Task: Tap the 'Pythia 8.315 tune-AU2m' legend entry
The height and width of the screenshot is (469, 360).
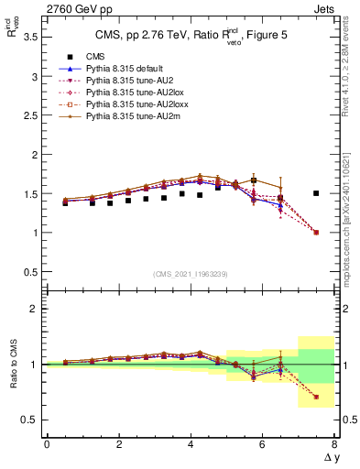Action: pyautogui.click(x=117, y=118)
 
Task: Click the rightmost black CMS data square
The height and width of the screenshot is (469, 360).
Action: pyautogui.click(x=316, y=193)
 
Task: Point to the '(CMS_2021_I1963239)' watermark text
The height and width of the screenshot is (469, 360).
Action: pyautogui.click(x=191, y=274)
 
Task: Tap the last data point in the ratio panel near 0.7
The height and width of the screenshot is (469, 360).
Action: pyautogui.click(x=316, y=397)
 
